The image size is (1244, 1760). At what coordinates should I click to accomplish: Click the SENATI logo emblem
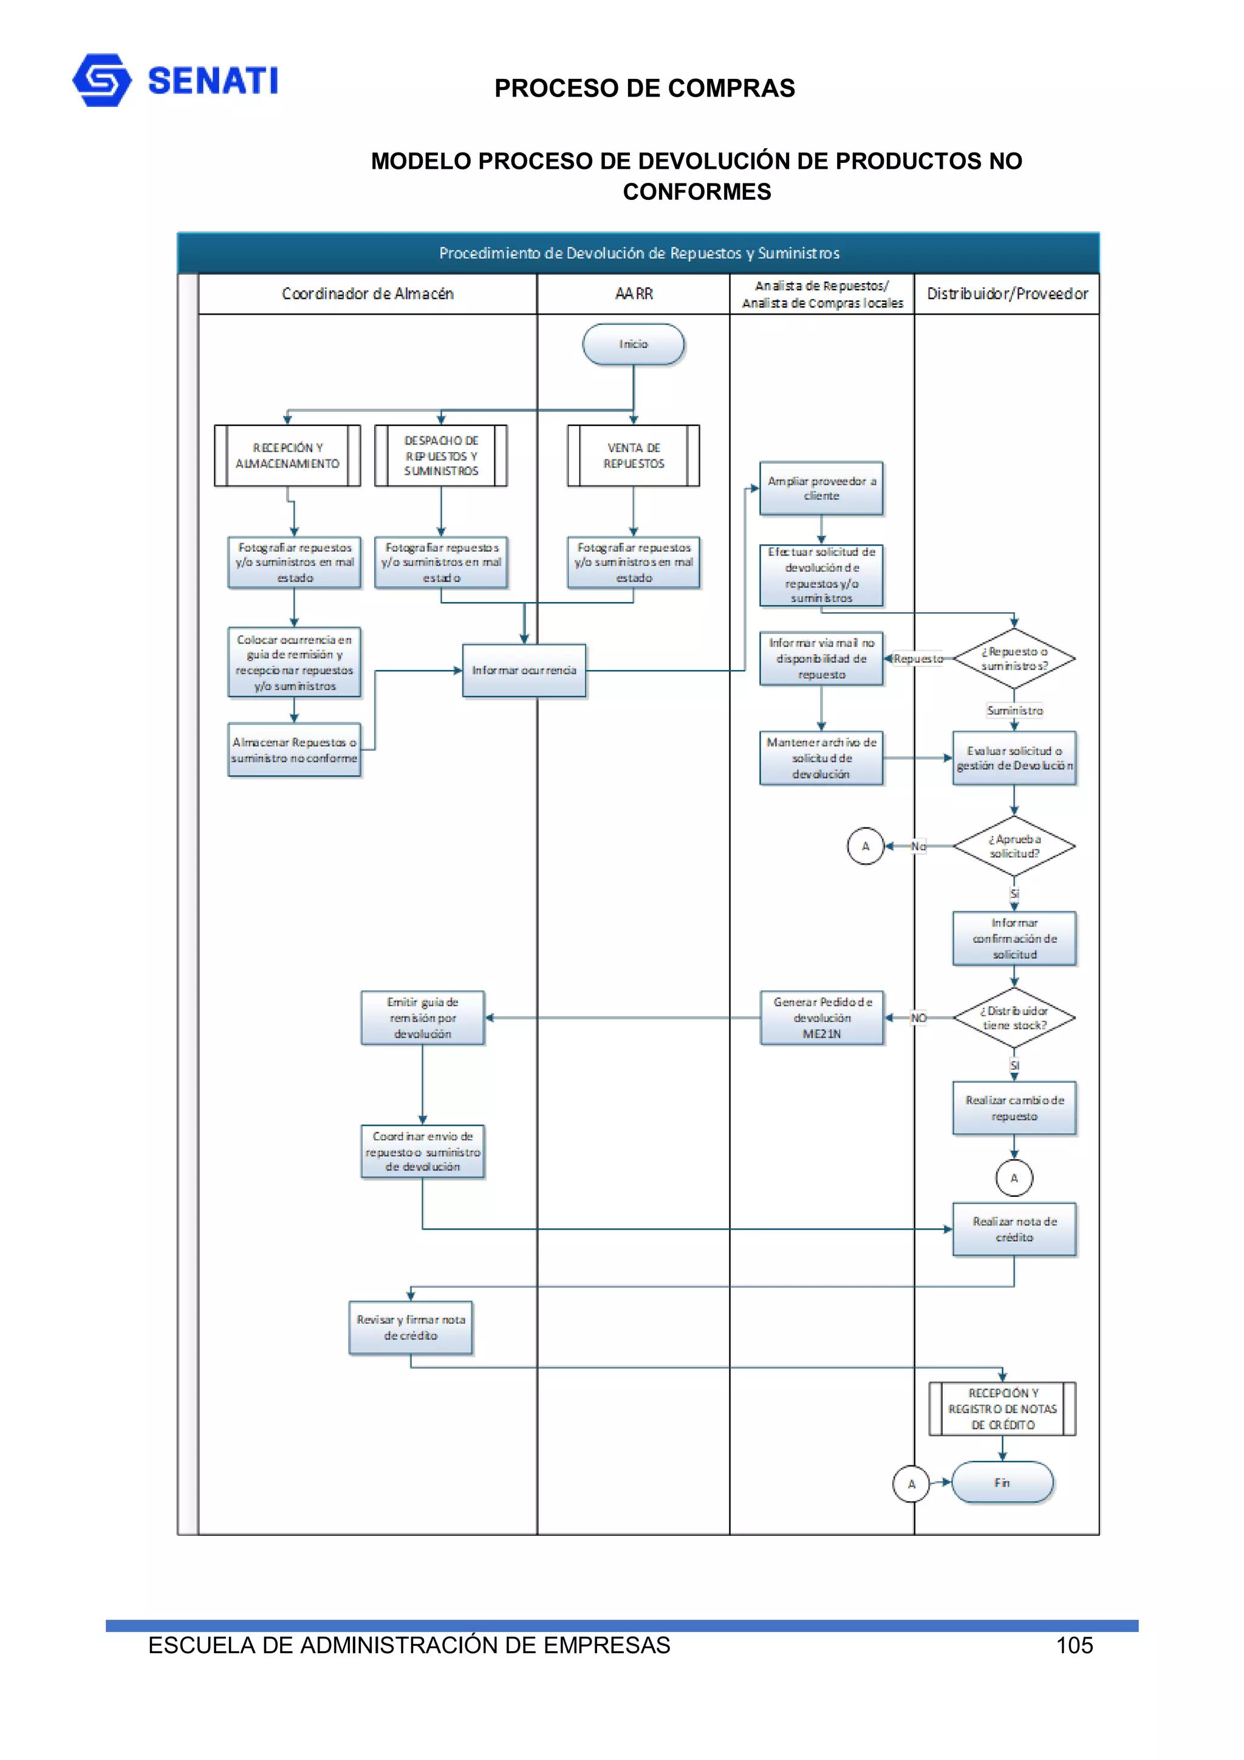point(101,80)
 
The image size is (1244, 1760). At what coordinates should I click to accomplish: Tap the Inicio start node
point(633,344)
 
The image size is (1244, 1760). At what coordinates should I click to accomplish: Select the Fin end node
point(1002,1482)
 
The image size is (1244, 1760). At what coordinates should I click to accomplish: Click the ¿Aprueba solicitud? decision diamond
point(1014,846)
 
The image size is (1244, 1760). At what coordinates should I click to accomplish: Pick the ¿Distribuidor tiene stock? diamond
point(1014,1018)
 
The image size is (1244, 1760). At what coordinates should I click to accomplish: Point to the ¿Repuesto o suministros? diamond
point(1014,659)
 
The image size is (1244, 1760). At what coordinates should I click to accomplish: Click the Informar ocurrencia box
point(524,670)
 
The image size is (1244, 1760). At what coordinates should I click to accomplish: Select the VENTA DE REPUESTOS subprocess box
point(633,455)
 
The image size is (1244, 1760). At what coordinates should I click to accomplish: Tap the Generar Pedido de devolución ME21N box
point(822,1018)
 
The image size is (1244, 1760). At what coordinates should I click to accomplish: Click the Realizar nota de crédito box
point(1014,1229)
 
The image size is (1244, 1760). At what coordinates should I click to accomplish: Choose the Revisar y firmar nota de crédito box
point(411,1327)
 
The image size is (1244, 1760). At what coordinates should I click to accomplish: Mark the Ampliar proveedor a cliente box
point(822,488)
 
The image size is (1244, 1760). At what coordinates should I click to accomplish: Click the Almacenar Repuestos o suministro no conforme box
point(295,750)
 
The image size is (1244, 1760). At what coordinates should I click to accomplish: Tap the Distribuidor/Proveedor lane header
point(1007,293)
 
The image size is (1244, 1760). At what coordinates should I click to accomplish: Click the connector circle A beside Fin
point(911,1484)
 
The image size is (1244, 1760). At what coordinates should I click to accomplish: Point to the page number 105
point(1074,1645)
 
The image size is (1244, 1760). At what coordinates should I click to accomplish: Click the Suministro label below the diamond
point(1014,711)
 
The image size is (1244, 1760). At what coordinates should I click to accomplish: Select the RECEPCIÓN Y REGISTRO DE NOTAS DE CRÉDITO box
point(1002,1409)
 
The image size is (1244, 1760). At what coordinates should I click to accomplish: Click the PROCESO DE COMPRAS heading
point(644,88)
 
